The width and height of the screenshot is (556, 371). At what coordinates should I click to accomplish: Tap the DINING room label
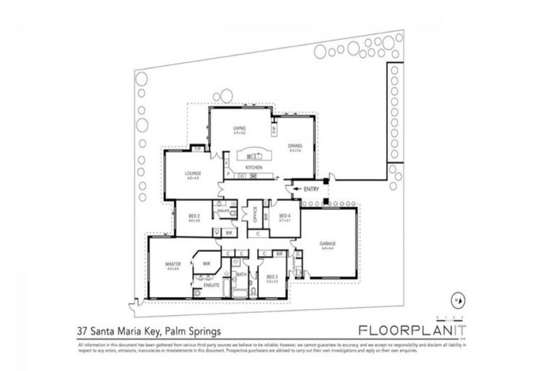[x=295, y=146]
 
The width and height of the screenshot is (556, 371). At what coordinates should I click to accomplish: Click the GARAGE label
[x=328, y=243]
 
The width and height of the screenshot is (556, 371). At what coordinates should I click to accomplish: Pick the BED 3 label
[x=271, y=277]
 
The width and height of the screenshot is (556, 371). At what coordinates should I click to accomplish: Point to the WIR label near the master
[x=206, y=263]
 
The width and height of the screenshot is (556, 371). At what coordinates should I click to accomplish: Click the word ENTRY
[x=312, y=189]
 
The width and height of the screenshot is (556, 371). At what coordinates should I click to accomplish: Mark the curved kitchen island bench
[x=254, y=155]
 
